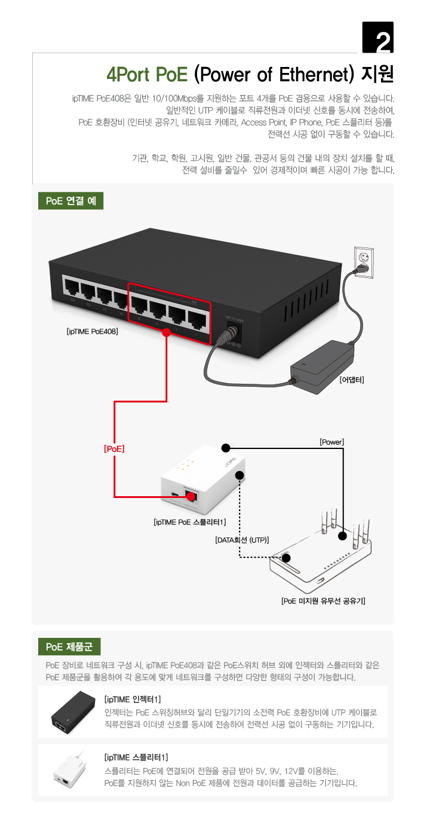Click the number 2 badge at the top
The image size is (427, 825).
(379, 38)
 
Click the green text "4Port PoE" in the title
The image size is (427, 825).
(147, 74)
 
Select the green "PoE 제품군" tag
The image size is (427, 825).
(69, 646)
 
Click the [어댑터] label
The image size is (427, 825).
(351, 380)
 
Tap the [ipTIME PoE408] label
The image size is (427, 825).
(93, 330)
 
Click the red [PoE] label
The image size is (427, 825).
(114, 447)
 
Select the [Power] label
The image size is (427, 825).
(332, 442)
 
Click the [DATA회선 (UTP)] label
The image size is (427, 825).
(242, 540)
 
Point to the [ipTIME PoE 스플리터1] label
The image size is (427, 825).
(189, 522)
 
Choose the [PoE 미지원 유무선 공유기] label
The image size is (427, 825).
(323, 600)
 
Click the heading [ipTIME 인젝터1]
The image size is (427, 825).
(133, 699)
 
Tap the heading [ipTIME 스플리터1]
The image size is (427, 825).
(133, 757)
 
